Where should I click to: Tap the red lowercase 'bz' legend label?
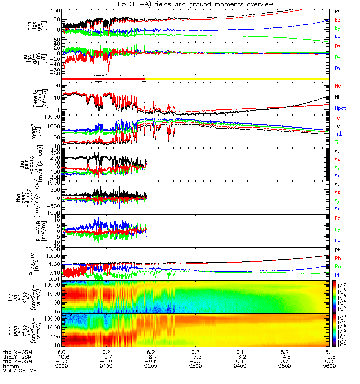pos(337,20)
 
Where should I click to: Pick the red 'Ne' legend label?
pos(338,86)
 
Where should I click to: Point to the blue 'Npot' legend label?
pos(340,108)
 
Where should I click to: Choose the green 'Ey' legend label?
pos(338,229)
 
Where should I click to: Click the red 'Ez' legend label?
pos(338,218)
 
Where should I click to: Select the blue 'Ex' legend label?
pos(338,240)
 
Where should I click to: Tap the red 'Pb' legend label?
pos(338,259)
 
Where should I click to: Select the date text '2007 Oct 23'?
pos(20,371)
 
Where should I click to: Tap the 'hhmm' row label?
pos(11,366)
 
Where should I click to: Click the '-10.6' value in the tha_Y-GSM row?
pos(60,356)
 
